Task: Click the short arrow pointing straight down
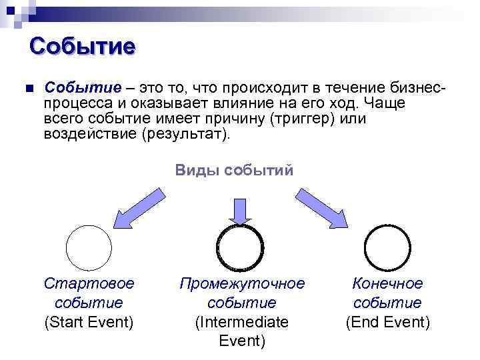coord(241,210)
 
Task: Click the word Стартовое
coord(89,283)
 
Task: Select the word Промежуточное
coord(242,283)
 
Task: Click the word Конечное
coord(387,283)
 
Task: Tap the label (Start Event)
coord(89,323)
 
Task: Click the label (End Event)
coord(387,323)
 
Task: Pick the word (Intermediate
coord(241,323)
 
